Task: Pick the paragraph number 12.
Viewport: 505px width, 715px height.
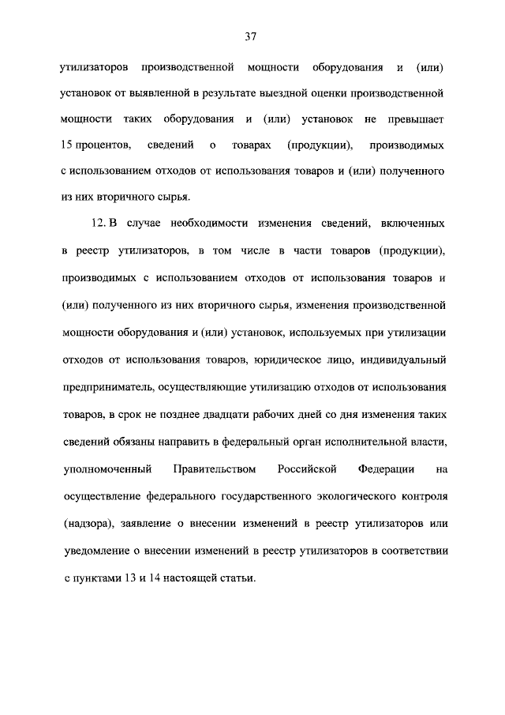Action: pyautogui.click(x=99, y=226)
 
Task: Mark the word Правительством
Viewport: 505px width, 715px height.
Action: pyautogui.click(x=214, y=470)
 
